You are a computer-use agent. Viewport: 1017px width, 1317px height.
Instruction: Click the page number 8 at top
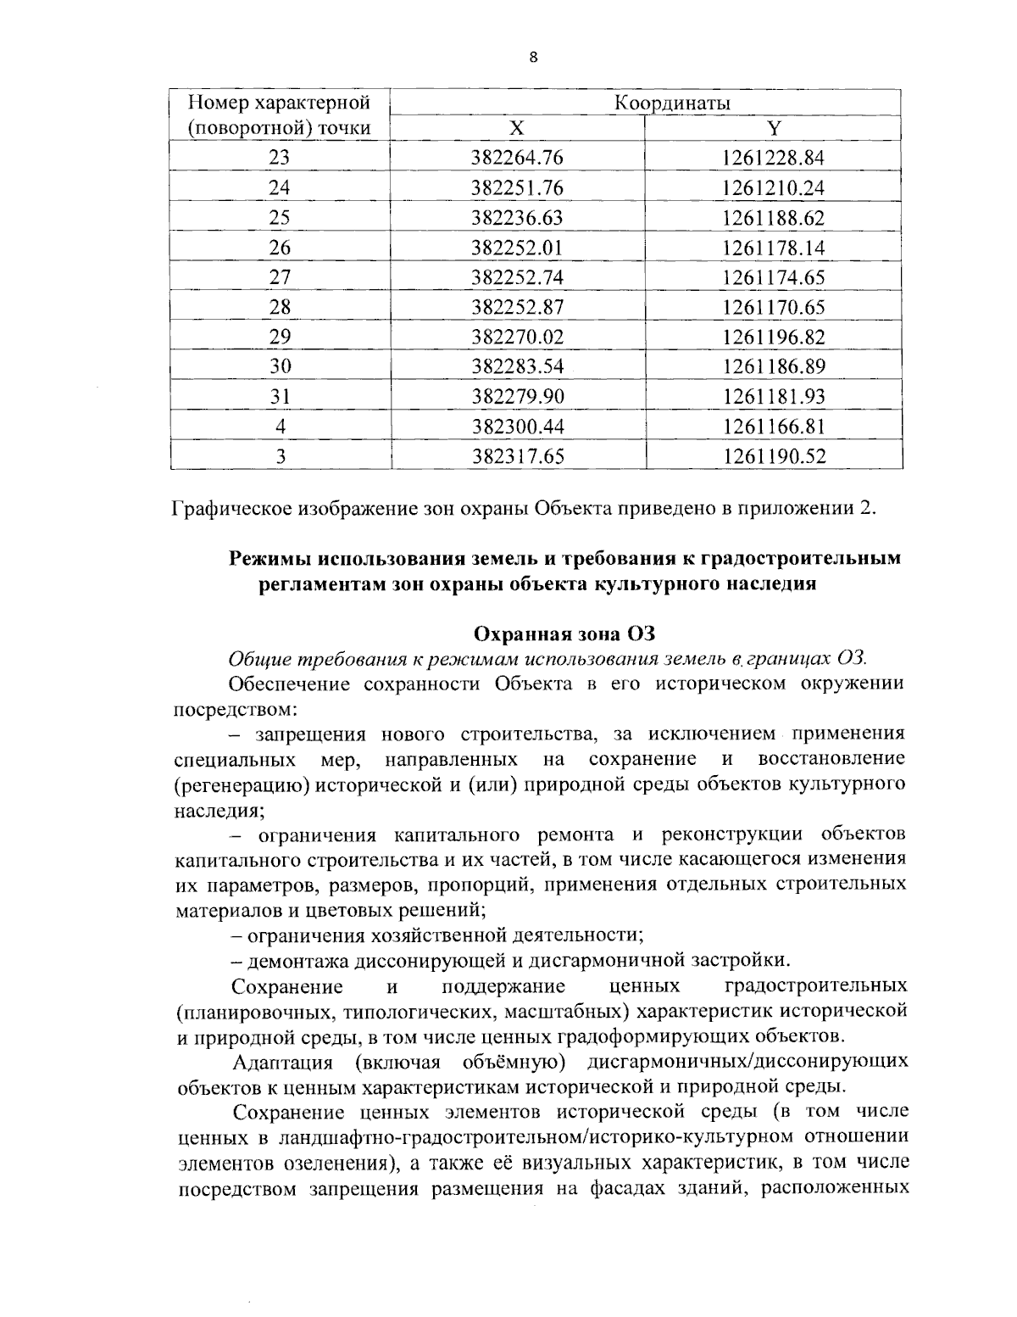[x=532, y=58]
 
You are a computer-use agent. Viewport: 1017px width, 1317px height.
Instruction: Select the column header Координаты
[x=672, y=103]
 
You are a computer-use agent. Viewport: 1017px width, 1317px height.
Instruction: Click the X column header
[x=517, y=128]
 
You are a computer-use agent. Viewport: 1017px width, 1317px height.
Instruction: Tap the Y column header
[x=773, y=128]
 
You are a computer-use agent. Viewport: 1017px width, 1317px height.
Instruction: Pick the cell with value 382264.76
[x=517, y=158]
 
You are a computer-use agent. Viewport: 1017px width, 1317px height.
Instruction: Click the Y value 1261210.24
[x=773, y=187]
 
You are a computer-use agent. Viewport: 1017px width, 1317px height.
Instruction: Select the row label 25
[x=280, y=217]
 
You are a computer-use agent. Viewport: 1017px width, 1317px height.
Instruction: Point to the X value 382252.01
[x=517, y=248]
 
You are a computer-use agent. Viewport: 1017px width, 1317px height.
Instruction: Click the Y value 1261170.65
[x=773, y=307]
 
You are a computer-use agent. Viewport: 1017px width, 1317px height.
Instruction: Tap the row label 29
[x=280, y=337]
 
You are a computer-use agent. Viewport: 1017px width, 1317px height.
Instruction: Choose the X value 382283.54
[x=517, y=366]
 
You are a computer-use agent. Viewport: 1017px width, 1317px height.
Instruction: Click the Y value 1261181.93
[x=773, y=396]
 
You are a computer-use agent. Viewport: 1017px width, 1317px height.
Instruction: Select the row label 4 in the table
[x=280, y=426]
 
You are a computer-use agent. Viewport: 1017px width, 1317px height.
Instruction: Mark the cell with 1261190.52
[x=773, y=456]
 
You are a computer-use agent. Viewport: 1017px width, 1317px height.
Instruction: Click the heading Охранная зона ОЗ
[x=564, y=633]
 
